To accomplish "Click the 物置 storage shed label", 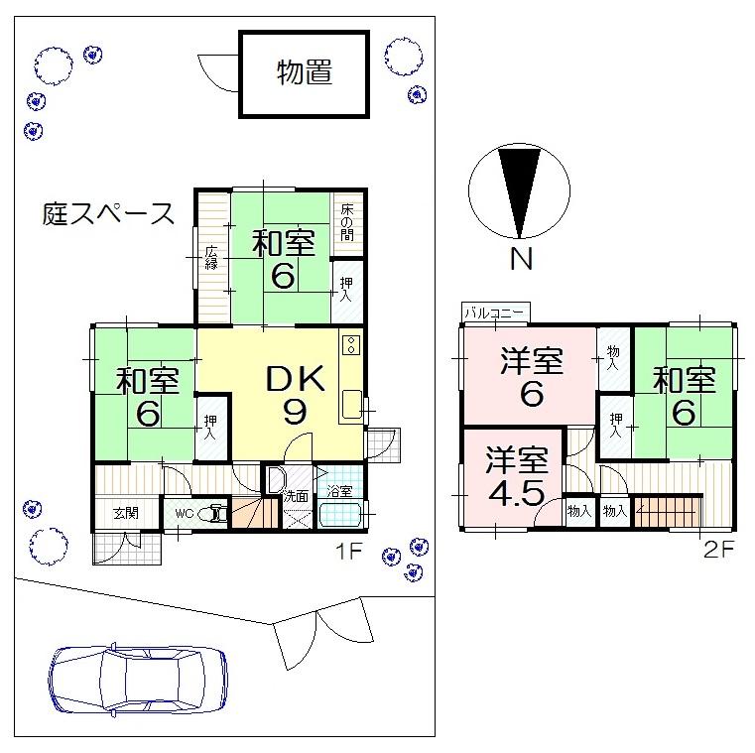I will click(304, 73).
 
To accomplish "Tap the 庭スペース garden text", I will click(109, 212).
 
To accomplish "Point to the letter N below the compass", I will click(520, 260).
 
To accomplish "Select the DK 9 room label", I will click(294, 394).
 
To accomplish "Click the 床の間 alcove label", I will click(347, 223).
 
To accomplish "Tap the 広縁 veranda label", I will click(211, 258).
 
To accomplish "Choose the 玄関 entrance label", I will click(125, 513).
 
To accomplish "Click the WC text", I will click(183, 514).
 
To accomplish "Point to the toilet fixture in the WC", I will click(212, 514).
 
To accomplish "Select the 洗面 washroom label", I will click(295, 494).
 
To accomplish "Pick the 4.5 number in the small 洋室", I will click(515, 493).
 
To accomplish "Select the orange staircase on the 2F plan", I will click(666, 513).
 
